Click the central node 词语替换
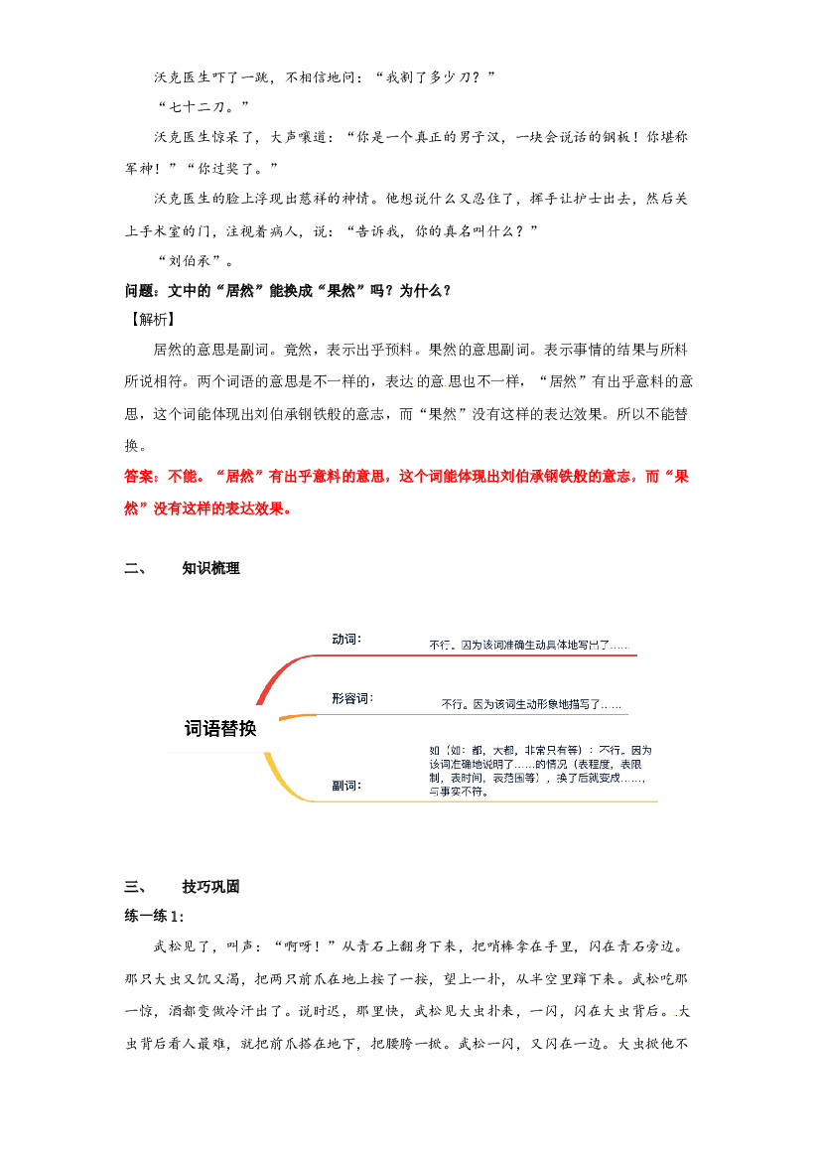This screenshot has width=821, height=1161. tap(219, 729)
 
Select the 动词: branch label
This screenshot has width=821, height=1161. tap(346, 639)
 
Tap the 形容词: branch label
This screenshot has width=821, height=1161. tap(352, 698)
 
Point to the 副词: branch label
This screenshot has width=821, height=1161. tap(346, 786)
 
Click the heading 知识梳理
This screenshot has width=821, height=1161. tap(211, 568)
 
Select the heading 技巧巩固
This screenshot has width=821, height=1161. tap(211, 886)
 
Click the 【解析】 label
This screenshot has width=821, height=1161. tap(153, 319)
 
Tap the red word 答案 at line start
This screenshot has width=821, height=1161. tap(138, 476)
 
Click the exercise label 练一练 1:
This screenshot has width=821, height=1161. tap(154, 916)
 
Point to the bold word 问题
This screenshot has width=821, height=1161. tap(139, 290)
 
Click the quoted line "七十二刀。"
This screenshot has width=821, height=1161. tap(203, 106)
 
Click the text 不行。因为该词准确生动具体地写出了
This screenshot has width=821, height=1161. tap(519, 645)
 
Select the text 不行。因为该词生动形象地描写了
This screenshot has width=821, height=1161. tap(521, 704)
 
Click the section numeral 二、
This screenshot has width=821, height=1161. tap(135, 568)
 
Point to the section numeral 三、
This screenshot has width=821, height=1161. tap(135, 886)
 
